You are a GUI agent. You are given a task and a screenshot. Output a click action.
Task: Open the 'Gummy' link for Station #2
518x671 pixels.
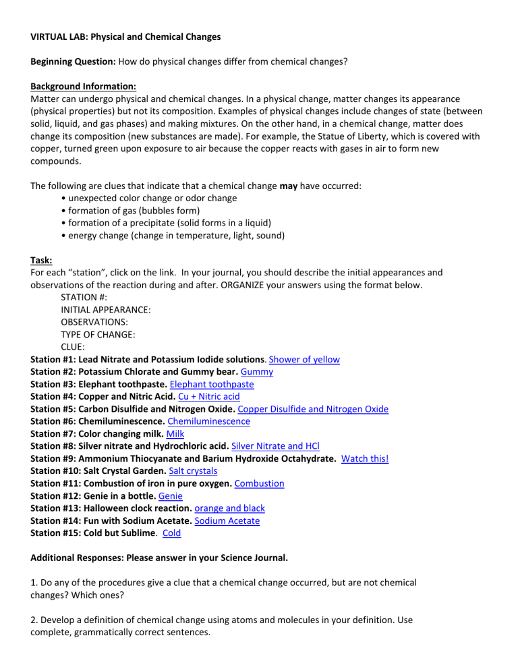click(256, 371)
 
